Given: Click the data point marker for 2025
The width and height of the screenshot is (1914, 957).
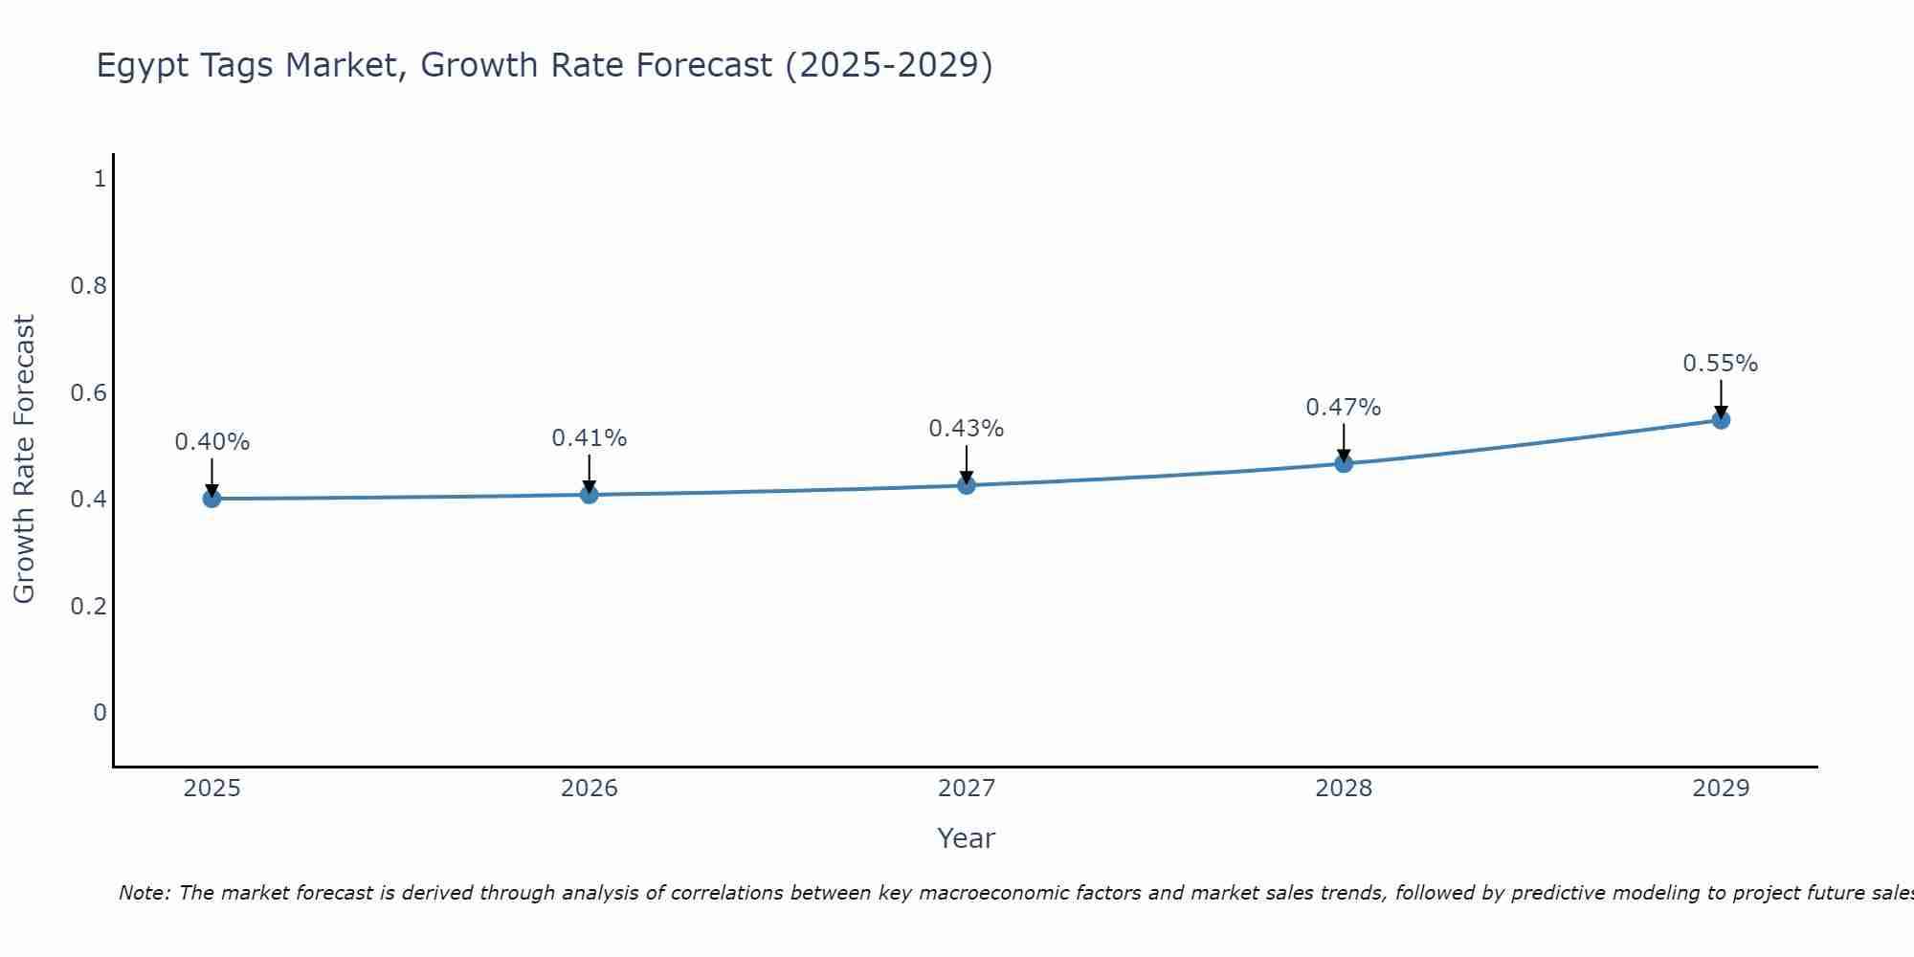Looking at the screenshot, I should point(211,499).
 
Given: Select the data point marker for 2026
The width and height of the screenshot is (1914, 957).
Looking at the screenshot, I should point(589,495).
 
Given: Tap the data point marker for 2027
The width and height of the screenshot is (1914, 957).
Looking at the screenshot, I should point(966,485).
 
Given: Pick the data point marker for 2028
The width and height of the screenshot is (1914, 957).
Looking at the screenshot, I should point(1343,464).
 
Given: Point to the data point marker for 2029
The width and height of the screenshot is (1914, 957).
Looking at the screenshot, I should point(1720,420).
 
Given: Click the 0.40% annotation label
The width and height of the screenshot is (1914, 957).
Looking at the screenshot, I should point(211,442).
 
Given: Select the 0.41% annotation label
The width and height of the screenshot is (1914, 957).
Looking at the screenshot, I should point(589,438).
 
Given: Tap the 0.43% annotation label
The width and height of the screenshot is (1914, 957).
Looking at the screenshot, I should point(966,429).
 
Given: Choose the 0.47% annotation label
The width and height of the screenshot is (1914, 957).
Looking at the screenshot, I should point(1343,408).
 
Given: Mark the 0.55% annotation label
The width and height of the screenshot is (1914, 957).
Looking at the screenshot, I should point(1720,364).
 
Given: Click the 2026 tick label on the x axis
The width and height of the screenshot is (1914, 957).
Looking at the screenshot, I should point(589,789).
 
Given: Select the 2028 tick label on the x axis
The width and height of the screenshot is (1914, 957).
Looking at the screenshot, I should point(1343,789).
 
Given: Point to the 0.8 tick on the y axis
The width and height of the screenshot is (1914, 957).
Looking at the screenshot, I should point(88,285).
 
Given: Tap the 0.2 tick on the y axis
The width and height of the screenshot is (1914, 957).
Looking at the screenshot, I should point(88,606).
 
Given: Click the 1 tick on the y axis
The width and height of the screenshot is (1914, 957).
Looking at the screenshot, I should point(100,178).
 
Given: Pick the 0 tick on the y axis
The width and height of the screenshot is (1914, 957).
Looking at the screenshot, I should point(100,713).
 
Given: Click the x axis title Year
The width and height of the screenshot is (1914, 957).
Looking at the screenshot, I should point(966,838).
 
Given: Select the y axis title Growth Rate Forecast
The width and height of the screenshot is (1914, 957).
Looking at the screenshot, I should point(24,459).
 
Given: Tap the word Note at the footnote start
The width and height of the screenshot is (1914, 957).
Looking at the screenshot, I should point(144,893).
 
